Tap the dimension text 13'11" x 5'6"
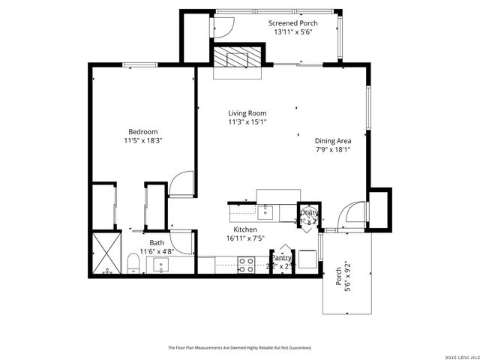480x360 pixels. click(x=292, y=32)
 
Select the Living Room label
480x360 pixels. click(x=247, y=113)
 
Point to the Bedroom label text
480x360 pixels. click(x=142, y=131)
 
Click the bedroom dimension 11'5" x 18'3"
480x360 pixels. click(x=143, y=140)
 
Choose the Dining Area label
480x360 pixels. click(x=333, y=140)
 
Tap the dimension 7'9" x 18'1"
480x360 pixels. click(x=333, y=149)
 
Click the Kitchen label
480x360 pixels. click(x=245, y=229)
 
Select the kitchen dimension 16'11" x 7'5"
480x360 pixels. click(x=245, y=238)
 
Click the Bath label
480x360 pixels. click(x=157, y=242)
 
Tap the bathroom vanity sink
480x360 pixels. click(x=163, y=265)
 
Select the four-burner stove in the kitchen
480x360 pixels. click(x=245, y=265)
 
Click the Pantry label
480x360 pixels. click(x=281, y=257)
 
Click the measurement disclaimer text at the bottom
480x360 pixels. click(x=239, y=348)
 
